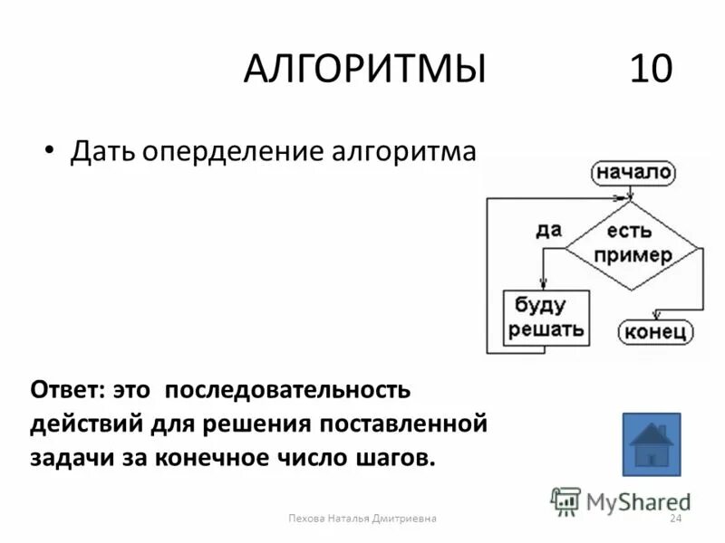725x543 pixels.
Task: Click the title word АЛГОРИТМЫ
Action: point(363,69)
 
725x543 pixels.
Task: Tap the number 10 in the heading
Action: point(651,69)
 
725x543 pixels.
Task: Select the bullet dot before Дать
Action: point(50,148)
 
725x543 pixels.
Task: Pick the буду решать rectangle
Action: point(546,317)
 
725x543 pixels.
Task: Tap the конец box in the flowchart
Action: point(655,331)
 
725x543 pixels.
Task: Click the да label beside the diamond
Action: point(547,229)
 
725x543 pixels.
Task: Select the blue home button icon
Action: point(651,443)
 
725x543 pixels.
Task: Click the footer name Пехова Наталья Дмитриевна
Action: point(362,519)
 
